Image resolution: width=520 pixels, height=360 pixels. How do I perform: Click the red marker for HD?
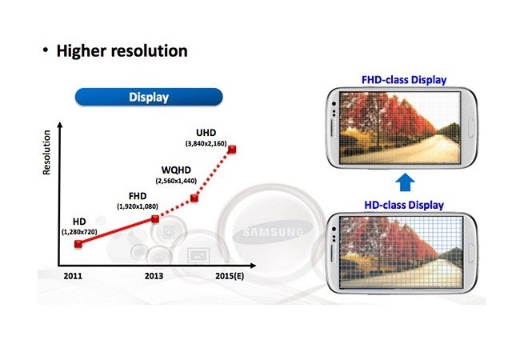(78, 244)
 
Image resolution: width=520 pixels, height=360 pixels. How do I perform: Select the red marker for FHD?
(155, 218)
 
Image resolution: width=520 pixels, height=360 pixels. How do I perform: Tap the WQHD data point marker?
(194, 198)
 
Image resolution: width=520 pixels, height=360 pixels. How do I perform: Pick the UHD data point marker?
(232, 150)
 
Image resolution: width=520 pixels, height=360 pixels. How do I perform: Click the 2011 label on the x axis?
(73, 276)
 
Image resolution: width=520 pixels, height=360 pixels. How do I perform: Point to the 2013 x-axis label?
(154, 276)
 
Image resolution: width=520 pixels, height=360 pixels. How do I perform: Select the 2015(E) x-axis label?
(230, 276)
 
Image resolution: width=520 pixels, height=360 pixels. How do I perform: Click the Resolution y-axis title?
(46, 152)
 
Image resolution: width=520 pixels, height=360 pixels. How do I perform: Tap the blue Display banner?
(149, 97)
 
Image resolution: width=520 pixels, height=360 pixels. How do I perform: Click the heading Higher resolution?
(122, 50)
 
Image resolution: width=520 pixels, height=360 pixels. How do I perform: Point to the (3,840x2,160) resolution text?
(206, 143)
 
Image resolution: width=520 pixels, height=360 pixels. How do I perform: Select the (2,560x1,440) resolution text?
(176, 181)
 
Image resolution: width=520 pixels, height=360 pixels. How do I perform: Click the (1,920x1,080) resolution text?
(138, 206)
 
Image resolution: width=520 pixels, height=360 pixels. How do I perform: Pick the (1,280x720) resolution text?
(79, 232)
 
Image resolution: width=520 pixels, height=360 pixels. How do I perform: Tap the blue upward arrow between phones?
(406, 182)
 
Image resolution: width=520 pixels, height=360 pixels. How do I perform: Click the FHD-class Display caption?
(404, 80)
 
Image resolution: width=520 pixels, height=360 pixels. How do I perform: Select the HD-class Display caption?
(404, 205)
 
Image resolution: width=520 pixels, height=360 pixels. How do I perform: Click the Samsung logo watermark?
(273, 232)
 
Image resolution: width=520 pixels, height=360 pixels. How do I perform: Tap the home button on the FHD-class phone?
(471, 128)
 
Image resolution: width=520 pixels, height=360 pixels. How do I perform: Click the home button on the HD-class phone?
(471, 253)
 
